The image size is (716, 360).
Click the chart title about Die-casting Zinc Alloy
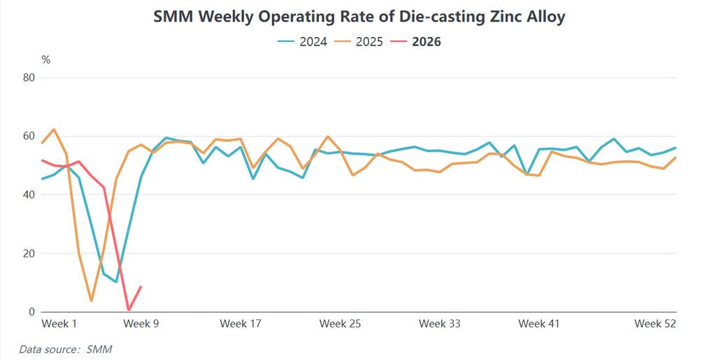click(359, 17)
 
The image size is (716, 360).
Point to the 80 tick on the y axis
click(29, 78)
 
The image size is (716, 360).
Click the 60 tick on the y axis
click(29, 136)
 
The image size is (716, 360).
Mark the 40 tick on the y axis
click(29, 195)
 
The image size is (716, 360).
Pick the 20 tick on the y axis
click(29, 254)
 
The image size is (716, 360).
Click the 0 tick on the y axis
click(31, 312)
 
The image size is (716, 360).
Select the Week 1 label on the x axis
click(59, 324)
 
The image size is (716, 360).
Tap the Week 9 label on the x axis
click(141, 324)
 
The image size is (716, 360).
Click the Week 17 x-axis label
click(241, 324)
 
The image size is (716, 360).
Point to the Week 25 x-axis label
click(340, 324)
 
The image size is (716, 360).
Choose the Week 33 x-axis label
click(439, 324)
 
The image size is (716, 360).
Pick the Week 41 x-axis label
click(538, 324)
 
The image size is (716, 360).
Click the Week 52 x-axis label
click(654, 324)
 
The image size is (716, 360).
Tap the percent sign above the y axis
click(46, 60)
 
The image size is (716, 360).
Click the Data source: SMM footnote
click(66, 349)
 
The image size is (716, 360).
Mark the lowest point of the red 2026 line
click(129, 310)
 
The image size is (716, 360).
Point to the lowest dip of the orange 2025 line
click(92, 301)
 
